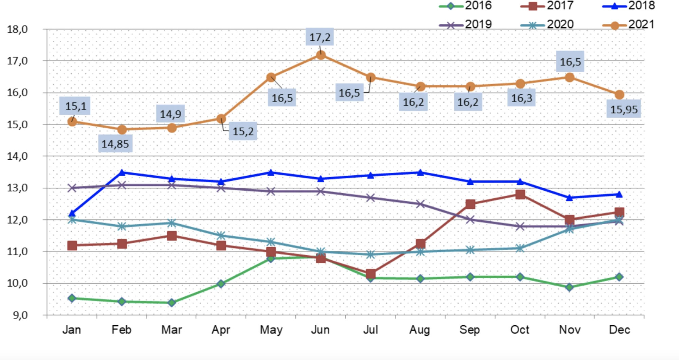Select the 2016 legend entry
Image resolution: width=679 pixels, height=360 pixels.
465,6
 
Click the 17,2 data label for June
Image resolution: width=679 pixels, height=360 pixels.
320,37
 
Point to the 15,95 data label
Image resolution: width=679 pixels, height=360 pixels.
624,109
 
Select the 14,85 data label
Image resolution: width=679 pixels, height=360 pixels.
115,144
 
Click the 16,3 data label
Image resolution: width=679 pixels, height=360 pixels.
521,98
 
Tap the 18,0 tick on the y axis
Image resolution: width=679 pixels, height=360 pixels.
17,30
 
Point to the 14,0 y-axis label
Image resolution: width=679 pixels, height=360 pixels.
17,156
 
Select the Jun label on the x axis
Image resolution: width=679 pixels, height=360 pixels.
320,330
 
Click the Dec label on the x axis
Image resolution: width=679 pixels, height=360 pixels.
620,330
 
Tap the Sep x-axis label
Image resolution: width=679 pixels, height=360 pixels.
470,330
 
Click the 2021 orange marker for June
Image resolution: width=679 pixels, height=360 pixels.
321,55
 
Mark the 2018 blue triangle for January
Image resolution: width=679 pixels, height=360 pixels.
72,214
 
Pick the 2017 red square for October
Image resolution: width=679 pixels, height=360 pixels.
520,195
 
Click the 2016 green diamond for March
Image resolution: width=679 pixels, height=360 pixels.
172,302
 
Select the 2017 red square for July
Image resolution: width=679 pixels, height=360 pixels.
371,274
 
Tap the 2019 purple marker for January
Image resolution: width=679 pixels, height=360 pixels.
72,188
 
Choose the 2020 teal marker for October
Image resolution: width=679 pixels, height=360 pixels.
520,248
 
